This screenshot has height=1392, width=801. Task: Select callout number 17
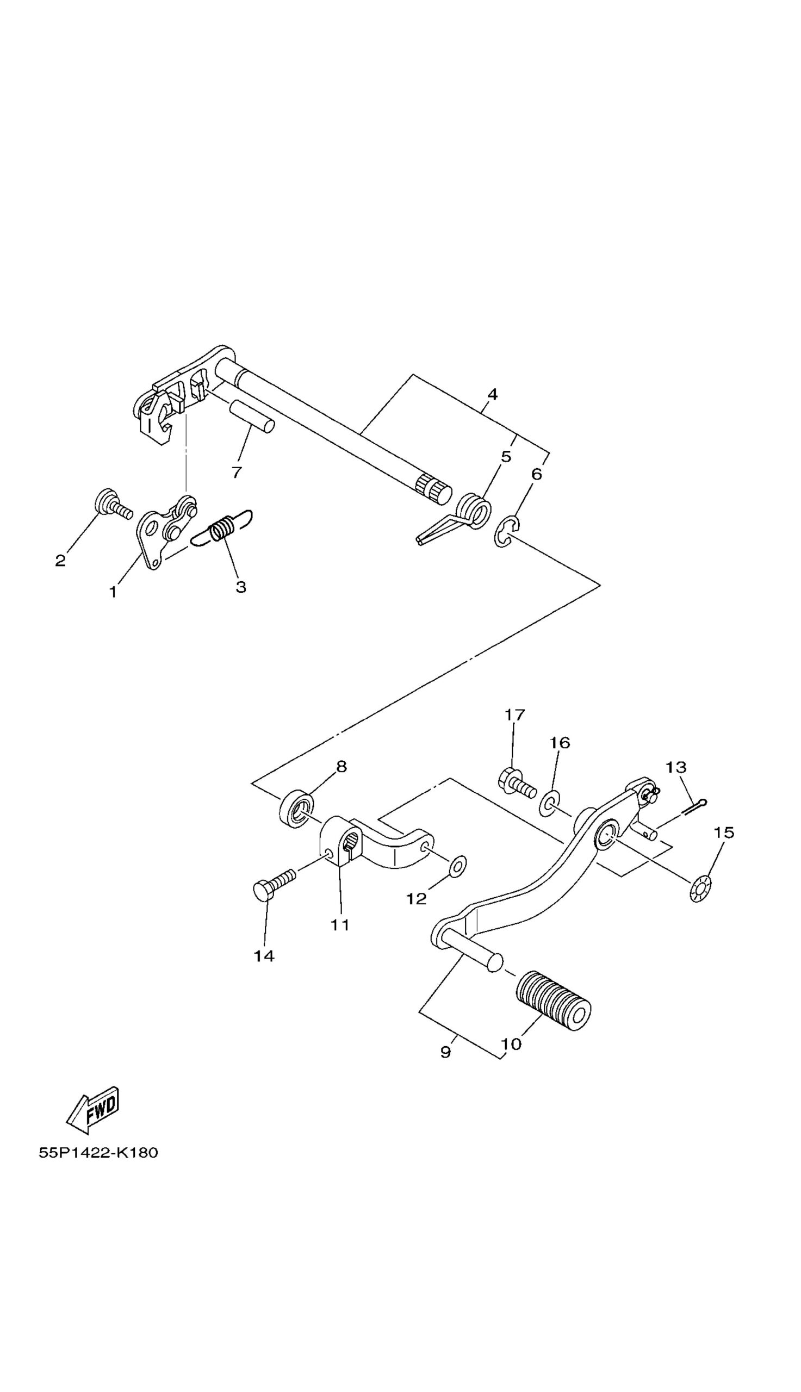515,714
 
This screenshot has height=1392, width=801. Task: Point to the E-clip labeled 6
506,532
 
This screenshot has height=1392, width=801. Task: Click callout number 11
340,925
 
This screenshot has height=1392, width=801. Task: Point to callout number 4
492,394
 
